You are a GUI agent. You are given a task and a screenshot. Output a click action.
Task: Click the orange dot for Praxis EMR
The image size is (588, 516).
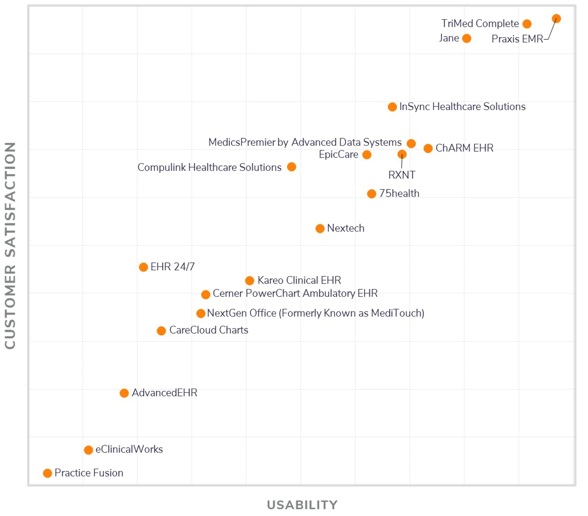556,19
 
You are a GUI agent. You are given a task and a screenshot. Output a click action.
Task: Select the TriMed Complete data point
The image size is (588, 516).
527,24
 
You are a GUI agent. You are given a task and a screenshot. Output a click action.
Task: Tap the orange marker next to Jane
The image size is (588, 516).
467,39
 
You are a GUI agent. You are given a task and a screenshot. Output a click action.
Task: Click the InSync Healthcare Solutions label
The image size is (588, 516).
462,107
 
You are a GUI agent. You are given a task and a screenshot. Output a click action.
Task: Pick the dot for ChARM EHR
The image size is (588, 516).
428,148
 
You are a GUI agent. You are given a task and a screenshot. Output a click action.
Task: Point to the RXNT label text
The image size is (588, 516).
401,175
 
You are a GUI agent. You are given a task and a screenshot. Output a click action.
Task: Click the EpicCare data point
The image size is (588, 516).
367,155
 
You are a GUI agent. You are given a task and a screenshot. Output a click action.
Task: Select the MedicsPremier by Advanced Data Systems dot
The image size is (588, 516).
411,144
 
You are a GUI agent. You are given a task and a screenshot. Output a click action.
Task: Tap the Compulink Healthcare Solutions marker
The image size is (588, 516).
291,167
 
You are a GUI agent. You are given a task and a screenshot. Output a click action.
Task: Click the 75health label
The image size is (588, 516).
399,193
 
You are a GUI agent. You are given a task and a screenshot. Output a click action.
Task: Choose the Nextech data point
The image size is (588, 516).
320,229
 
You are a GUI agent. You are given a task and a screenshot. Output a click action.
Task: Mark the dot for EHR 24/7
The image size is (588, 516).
143,267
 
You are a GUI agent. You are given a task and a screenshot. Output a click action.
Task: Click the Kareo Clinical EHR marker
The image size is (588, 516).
249,281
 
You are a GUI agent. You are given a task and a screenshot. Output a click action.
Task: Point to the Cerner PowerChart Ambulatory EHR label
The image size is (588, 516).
295,294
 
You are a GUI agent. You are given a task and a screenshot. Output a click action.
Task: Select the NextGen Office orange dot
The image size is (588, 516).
201,313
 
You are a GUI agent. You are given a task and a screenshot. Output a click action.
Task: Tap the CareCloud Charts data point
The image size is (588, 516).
161,331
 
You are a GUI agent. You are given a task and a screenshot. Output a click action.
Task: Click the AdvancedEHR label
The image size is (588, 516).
164,393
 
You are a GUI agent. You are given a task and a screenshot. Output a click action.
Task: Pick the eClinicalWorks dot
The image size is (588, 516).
89,450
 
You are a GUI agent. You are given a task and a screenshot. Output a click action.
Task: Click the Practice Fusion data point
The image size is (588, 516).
47,473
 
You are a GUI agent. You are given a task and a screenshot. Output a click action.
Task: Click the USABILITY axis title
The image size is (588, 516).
302,505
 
